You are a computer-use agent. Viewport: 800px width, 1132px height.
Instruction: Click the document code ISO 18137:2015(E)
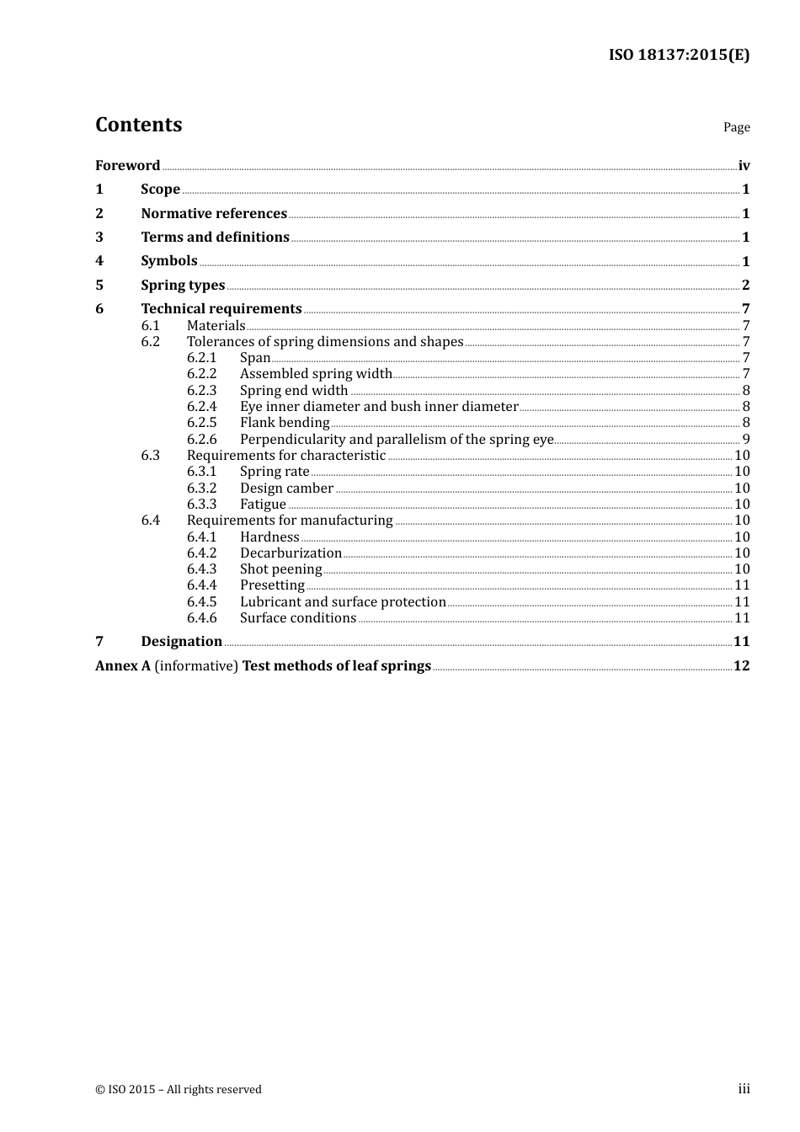[679, 55]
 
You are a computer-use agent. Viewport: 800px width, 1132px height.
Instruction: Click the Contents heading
[138, 125]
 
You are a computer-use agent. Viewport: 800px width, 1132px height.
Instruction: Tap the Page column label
[736, 127]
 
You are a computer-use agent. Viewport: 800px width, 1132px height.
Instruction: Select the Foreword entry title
[127, 165]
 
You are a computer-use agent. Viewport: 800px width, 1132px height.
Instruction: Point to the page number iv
[744, 165]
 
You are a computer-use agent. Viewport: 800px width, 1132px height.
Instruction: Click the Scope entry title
[160, 189]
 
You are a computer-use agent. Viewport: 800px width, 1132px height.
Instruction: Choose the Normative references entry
[214, 213]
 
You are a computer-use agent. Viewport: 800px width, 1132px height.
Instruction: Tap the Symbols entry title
[169, 261]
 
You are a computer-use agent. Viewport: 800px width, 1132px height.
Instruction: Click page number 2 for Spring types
[745, 285]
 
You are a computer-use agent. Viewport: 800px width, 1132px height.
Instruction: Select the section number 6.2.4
[201, 406]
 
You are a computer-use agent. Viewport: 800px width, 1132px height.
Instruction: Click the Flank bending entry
[285, 422]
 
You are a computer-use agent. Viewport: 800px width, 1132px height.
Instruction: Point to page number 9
[746, 439]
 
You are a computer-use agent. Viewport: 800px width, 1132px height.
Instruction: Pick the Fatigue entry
[263, 504]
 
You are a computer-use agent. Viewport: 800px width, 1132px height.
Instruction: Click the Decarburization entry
[291, 553]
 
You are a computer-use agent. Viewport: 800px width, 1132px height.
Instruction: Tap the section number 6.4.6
[201, 617]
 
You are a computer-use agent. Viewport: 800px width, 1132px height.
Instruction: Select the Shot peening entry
[280, 569]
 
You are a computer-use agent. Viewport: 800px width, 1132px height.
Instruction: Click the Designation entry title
[181, 641]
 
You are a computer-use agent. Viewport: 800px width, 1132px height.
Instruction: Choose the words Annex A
[123, 665]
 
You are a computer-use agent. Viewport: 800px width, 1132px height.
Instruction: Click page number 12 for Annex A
[741, 665]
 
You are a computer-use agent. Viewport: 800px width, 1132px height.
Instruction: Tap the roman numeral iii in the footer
[744, 1089]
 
